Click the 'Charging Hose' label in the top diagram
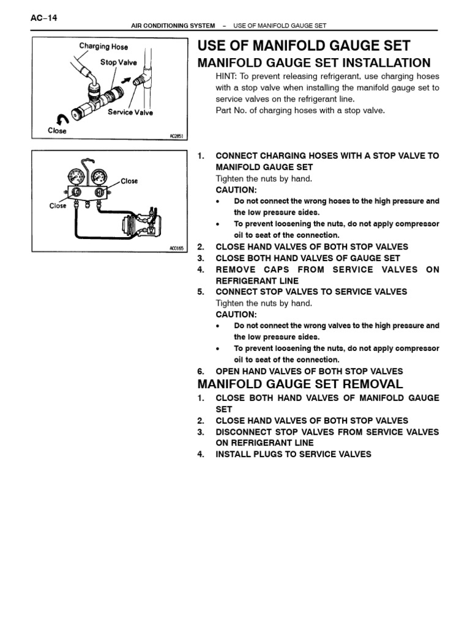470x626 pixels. pyautogui.click(x=103, y=46)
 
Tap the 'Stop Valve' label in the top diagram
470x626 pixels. pyautogui.click(x=119, y=62)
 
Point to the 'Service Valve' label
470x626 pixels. pyautogui.click(x=130, y=112)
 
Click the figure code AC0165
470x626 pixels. pyautogui.click(x=176, y=249)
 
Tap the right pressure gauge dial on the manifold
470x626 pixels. pyautogui.click(x=98, y=177)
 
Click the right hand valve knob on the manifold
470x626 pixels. pyautogui.click(x=99, y=192)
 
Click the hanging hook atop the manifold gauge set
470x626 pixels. pyautogui.click(x=89, y=163)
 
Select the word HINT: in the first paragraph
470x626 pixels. pyautogui.click(x=227, y=76)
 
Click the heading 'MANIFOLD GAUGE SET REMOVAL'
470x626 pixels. pyautogui.click(x=300, y=385)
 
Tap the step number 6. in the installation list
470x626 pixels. pyautogui.click(x=201, y=371)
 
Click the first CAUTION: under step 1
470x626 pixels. pyautogui.click(x=236, y=190)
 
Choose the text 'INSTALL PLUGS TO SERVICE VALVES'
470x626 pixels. pyautogui.click(x=293, y=454)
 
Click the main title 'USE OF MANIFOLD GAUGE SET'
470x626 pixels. pyautogui.click(x=304, y=46)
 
